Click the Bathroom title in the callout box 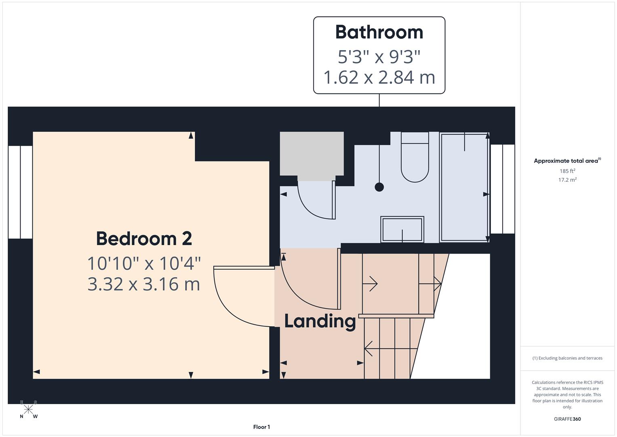click(379, 32)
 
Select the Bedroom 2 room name click(144, 238)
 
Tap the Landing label click(320, 321)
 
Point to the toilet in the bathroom click(415, 158)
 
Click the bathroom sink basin click(402, 229)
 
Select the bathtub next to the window click(464, 187)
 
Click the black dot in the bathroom click(379, 187)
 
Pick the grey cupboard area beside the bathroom click(312, 154)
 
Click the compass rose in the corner click(28, 409)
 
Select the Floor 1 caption click(261, 427)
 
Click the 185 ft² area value click(567, 171)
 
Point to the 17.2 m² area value click(567, 180)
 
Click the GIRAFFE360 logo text click(567, 419)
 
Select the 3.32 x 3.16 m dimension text click(144, 284)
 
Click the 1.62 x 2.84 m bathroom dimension click(379, 77)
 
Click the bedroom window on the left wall click(20, 192)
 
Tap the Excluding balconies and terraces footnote click(567, 358)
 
